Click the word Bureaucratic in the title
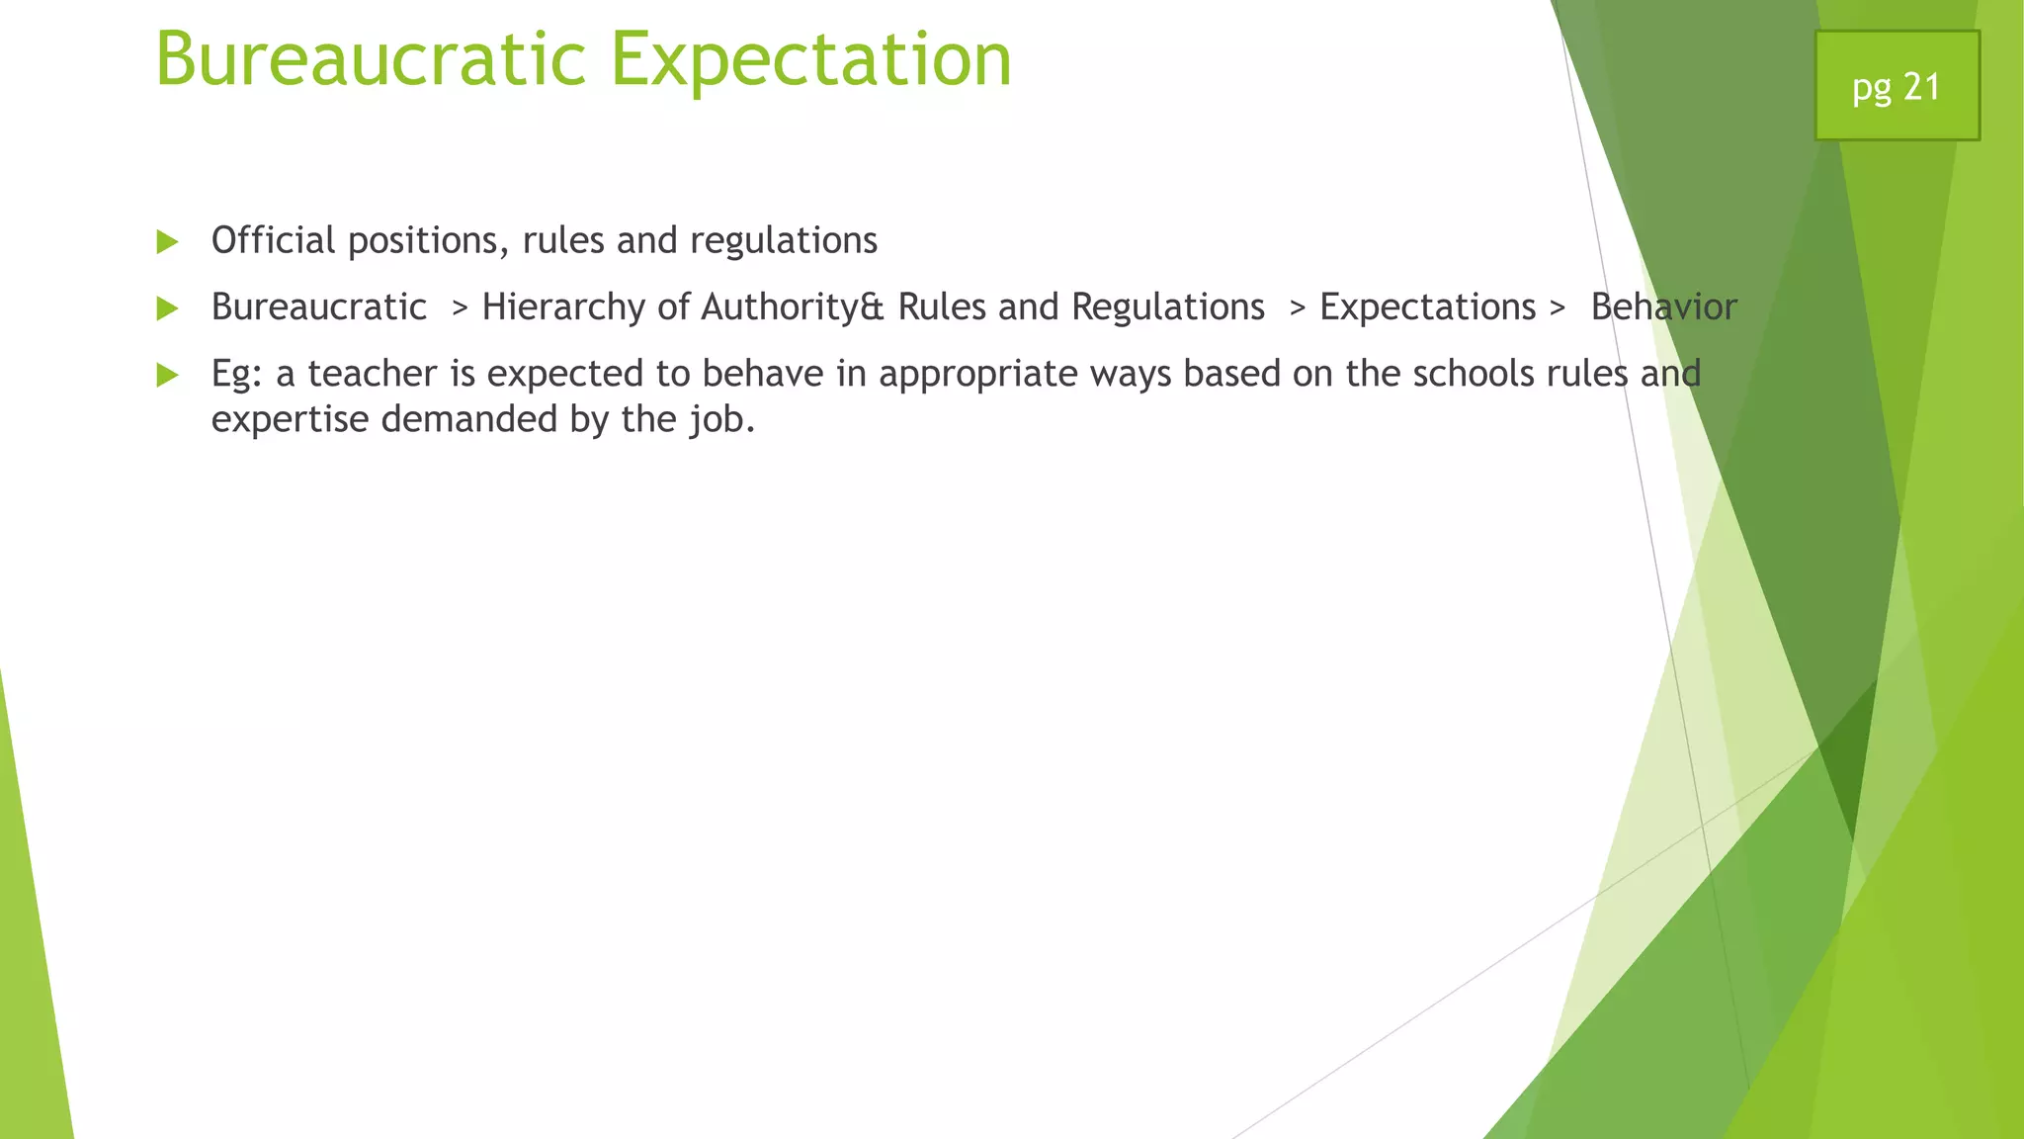click(372, 59)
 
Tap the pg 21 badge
click(1896, 86)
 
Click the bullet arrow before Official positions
click(167, 242)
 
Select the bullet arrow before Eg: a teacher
click(167, 375)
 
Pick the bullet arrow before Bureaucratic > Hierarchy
click(167, 308)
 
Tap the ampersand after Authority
click(872, 307)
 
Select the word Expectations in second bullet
click(1427, 307)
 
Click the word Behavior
click(1663, 307)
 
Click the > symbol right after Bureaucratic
click(459, 308)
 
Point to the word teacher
click(372, 374)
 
